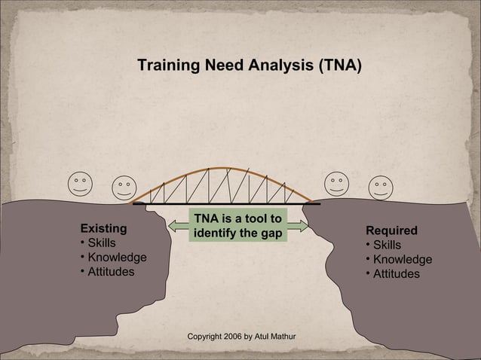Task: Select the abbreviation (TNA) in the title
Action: click(339, 66)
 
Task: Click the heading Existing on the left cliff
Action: click(103, 227)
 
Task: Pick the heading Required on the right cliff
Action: click(391, 230)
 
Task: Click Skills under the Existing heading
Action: click(102, 243)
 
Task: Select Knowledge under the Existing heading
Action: click(117, 258)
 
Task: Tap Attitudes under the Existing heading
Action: click(111, 272)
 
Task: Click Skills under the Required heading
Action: click(387, 246)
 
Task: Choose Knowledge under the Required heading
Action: click(403, 260)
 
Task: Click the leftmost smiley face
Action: click(79, 185)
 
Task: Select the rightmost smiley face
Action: click(381, 187)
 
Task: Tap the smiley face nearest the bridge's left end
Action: click(124, 188)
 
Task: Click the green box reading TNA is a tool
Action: click(237, 226)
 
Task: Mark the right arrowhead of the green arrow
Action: click(302, 226)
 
